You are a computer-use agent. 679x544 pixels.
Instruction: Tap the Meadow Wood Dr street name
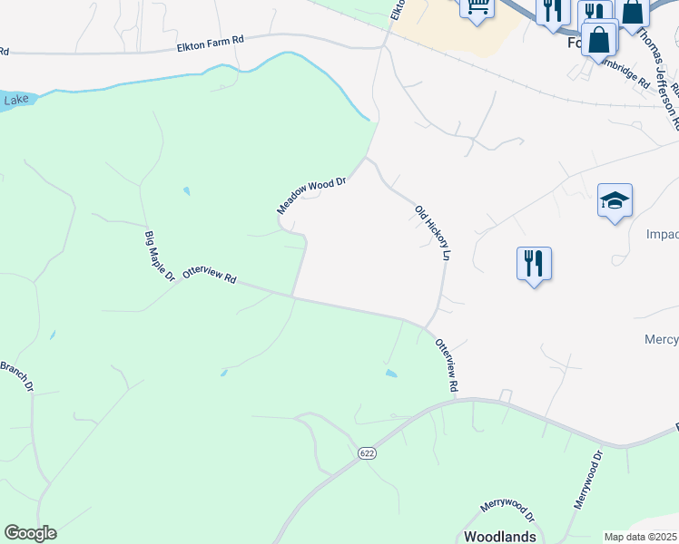(x=311, y=196)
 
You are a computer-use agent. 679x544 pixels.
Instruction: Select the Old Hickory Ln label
(x=432, y=234)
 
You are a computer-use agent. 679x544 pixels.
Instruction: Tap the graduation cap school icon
(x=615, y=199)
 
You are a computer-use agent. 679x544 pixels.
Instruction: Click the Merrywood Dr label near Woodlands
(x=508, y=510)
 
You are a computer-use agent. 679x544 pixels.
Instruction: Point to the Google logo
(x=30, y=533)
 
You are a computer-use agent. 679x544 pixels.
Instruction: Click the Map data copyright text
(x=641, y=537)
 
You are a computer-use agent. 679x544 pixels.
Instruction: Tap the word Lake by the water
(x=15, y=100)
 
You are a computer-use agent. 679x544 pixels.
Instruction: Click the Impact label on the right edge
(x=662, y=234)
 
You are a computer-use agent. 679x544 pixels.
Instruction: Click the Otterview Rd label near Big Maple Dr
(x=209, y=275)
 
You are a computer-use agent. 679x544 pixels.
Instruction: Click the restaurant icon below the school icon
(x=533, y=264)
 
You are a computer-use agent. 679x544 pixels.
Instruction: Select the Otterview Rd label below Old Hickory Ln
(x=445, y=365)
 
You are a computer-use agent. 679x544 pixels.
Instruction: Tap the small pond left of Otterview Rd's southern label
(x=390, y=373)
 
